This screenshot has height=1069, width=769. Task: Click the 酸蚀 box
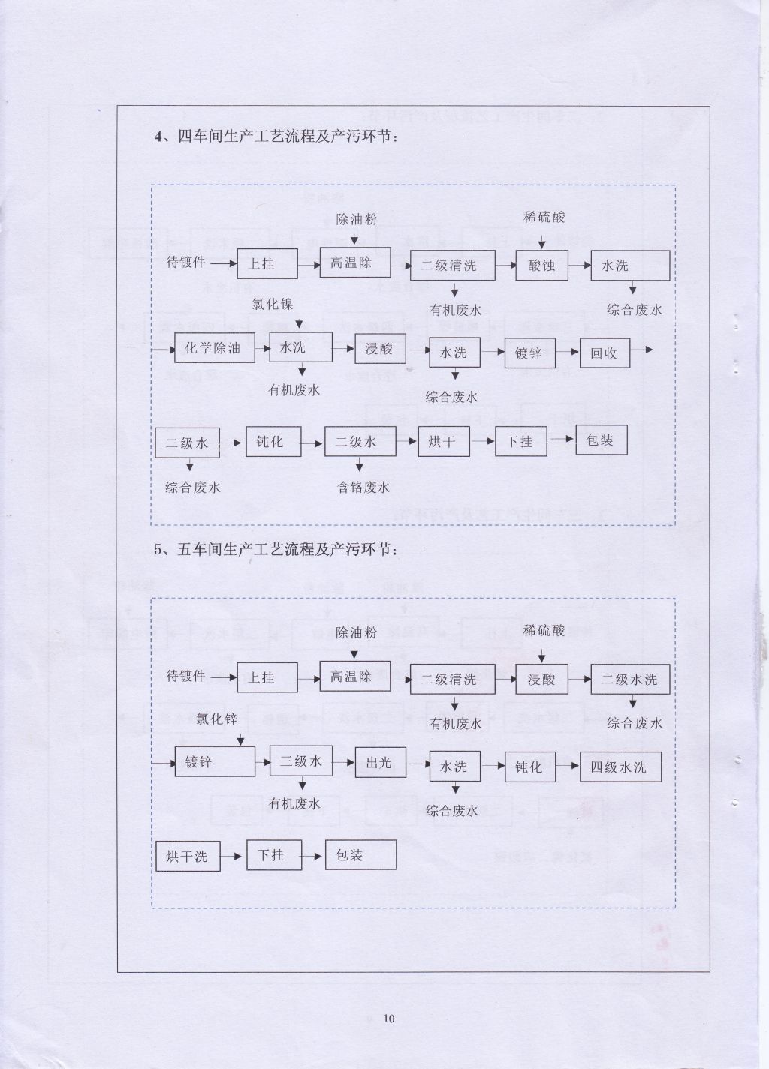click(x=541, y=266)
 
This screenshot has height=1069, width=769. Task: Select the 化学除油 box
click(x=215, y=348)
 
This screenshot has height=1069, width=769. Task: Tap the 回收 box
click(x=605, y=353)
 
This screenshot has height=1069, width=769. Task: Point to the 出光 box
click(x=380, y=763)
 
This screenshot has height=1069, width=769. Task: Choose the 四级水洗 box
click(x=620, y=767)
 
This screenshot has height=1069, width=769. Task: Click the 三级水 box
click(x=301, y=761)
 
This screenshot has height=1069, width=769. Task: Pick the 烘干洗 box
click(x=188, y=856)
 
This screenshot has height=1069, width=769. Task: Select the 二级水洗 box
click(x=630, y=679)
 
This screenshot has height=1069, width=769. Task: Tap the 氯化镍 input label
click(x=273, y=304)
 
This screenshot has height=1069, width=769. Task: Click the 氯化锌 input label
click(x=216, y=719)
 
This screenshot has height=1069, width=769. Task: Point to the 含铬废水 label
click(x=363, y=488)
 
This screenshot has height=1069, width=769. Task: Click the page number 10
click(x=389, y=1019)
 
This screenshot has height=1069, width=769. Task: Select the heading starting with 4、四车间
click(x=276, y=137)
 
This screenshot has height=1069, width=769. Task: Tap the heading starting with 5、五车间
click(x=276, y=550)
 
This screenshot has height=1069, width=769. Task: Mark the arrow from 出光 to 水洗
click(x=418, y=764)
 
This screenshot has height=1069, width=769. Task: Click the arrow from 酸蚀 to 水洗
click(x=579, y=265)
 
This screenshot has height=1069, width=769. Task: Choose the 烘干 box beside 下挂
click(x=444, y=441)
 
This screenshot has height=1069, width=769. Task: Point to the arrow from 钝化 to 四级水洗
click(x=568, y=766)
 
